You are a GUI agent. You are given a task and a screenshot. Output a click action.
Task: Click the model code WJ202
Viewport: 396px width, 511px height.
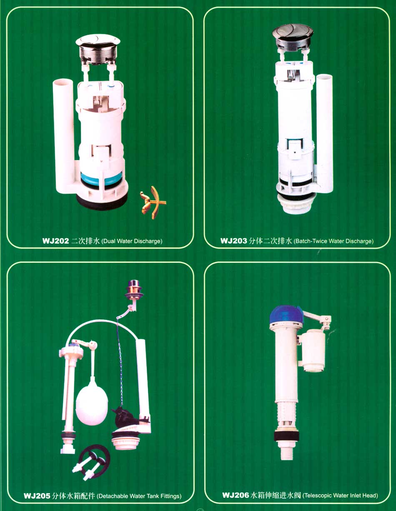pyautogui.click(x=55, y=241)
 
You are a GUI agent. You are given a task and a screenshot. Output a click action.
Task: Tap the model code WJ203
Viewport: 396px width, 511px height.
pyautogui.click(x=234, y=241)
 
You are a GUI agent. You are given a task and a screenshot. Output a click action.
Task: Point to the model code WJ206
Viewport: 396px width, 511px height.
pyautogui.click(x=236, y=495)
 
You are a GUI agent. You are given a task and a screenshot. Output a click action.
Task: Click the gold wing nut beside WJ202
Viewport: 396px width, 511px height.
pyautogui.click(x=153, y=202)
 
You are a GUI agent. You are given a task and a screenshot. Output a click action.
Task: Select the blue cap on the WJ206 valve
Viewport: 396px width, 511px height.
pyautogui.click(x=286, y=314)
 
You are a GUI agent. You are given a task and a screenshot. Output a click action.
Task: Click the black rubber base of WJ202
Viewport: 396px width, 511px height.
pyautogui.click(x=102, y=202)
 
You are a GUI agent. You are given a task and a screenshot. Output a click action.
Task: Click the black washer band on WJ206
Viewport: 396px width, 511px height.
pyautogui.click(x=286, y=435)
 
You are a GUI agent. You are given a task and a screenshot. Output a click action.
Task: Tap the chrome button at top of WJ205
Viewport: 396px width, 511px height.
pyautogui.click(x=134, y=290)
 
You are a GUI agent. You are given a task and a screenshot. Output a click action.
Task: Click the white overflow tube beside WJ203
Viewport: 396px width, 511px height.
pyautogui.click(x=324, y=133)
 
